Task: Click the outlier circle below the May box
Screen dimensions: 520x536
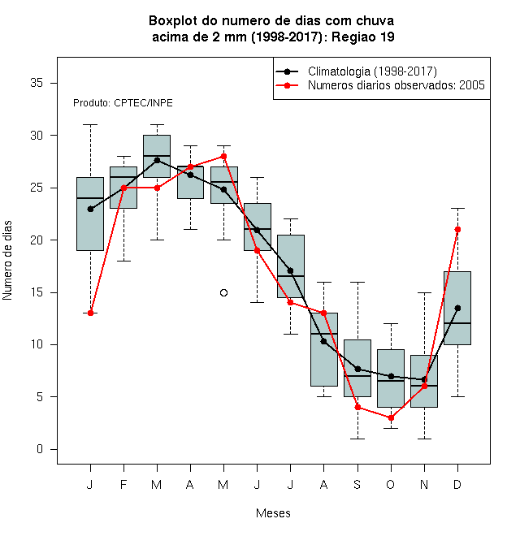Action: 223,292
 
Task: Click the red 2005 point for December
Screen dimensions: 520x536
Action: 457,229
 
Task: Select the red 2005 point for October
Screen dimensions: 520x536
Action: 391,417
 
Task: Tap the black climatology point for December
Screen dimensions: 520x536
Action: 457,308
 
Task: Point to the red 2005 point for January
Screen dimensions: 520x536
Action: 90,313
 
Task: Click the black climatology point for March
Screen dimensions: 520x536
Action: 157,160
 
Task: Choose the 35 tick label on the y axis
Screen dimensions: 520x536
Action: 37,83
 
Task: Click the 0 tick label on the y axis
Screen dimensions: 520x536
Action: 40,449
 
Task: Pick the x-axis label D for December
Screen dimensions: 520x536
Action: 457,484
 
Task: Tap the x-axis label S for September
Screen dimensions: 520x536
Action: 357,484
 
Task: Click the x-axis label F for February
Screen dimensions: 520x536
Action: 123,484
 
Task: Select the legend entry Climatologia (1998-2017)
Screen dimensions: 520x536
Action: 372,71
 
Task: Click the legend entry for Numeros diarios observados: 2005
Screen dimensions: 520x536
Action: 396,85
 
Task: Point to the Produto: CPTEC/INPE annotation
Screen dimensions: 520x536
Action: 123,103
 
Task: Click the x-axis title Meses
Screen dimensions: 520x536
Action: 273,513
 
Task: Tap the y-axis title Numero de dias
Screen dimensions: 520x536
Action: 7,261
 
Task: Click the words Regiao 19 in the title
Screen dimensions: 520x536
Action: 363,37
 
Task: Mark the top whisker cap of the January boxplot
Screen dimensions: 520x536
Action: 90,125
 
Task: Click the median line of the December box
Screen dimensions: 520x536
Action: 457,323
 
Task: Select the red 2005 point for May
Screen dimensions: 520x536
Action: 223,156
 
